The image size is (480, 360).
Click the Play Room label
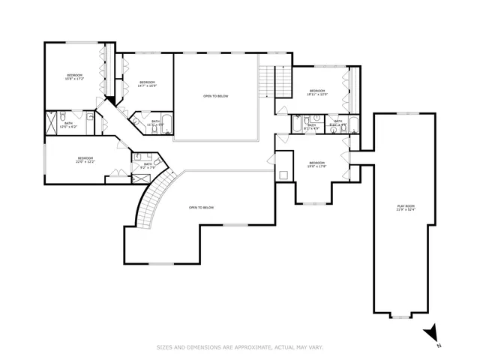coord(405,208)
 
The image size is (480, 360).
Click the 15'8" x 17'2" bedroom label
coord(75,77)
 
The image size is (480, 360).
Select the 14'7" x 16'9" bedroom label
coord(147,84)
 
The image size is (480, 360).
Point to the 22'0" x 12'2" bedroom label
coord(85,160)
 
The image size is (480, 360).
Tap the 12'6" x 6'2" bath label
coord(68,124)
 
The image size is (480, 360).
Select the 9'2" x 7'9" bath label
coord(148,166)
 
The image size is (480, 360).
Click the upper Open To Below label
coord(216,97)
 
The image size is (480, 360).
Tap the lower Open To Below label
coord(202,208)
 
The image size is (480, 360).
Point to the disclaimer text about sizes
coord(240,346)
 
